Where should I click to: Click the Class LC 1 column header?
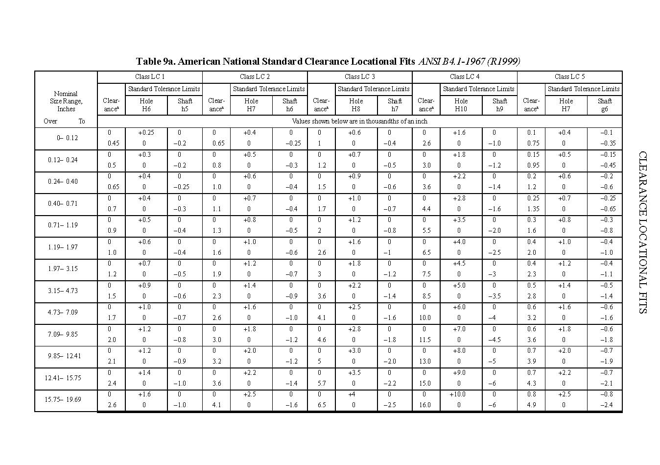coord(150,76)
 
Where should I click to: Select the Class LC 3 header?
coord(359,76)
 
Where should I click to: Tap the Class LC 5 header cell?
coord(569,76)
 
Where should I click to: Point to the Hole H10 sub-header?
coord(461,105)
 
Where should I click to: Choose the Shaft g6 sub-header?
coord(604,105)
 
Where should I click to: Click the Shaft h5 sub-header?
coord(185,105)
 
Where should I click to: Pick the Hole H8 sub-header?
coord(356,105)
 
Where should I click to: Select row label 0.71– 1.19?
coord(63,225)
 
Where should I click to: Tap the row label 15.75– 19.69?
coord(63,400)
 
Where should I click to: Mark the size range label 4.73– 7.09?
coord(63,313)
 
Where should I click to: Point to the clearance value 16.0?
coord(424,405)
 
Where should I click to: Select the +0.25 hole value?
coord(146,133)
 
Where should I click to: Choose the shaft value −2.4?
coord(607,405)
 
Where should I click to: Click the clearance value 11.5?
coord(424,340)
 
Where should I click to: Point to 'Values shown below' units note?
coord(359,122)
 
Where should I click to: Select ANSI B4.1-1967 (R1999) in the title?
coord(469,62)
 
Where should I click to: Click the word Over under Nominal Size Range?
coord(50,122)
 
